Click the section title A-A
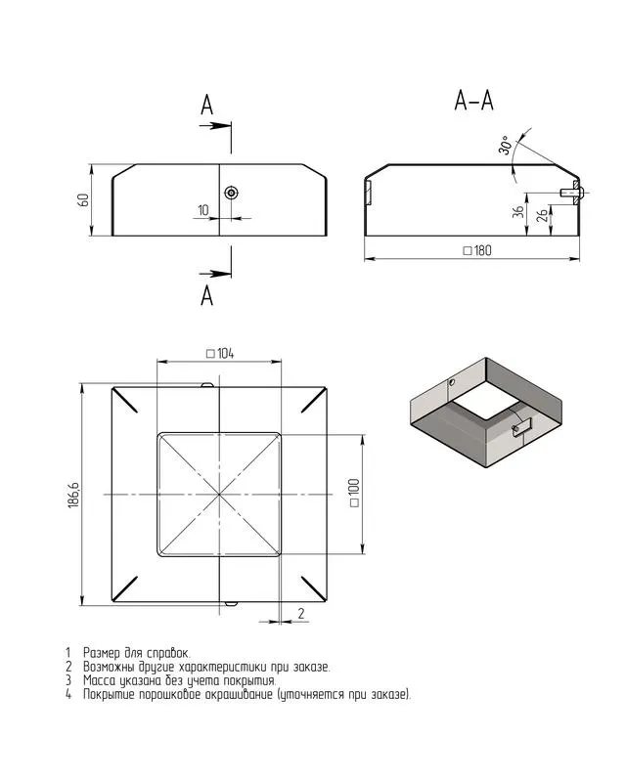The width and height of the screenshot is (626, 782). (x=473, y=100)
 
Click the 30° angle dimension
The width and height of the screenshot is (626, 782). (x=505, y=146)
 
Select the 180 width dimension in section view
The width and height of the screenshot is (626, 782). (x=476, y=251)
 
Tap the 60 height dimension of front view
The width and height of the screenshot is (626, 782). (x=84, y=199)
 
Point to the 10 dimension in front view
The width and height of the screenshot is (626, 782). (x=203, y=210)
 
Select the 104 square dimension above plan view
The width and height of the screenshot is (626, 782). (x=218, y=353)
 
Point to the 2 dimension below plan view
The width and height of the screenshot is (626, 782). (x=300, y=613)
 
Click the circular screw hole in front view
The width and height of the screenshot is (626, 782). (x=231, y=193)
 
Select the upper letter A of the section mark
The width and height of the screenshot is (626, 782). (x=207, y=106)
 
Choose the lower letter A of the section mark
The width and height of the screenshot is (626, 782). (x=207, y=294)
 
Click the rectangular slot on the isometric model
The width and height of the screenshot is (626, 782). (x=521, y=427)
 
